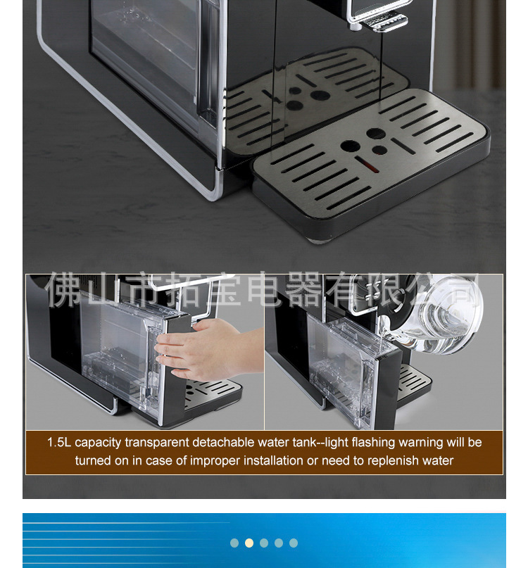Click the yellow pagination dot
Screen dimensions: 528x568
(x=249, y=543)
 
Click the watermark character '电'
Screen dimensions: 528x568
(x=268, y=288)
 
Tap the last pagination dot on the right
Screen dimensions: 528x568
(x=294, y=543)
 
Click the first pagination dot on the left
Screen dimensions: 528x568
(x=234, y=543)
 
